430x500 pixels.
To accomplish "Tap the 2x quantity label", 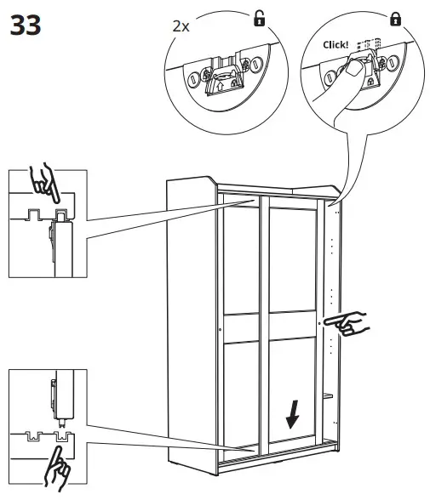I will point(181,26).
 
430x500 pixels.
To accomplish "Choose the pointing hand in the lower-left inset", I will point(58,468).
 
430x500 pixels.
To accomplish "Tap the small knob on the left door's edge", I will point(220,328).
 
